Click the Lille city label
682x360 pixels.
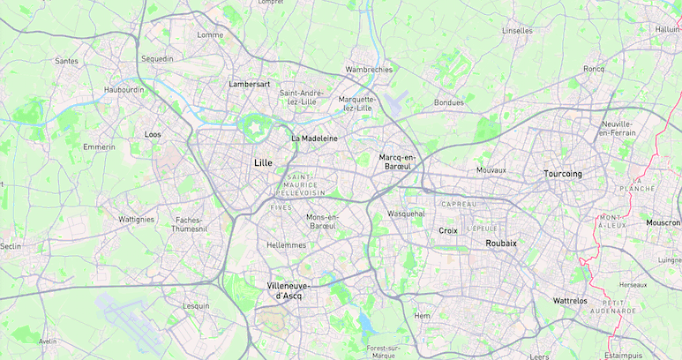pyautogui.click(x=263, y=163)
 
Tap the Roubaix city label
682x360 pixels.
pyautogui.click(x=500, y=243)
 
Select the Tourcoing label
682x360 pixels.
pyautogui.click(x=563, y=174)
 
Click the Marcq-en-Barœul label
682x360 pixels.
pyautogui.click(x=396, y=162)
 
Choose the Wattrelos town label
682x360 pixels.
pyautogui.click(x=569, y=301)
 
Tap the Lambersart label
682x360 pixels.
pyautogui.click(x=249, y=85)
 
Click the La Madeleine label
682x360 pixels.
pyautogui.click(x=314, y=139)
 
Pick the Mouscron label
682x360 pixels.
pyautogui.click(x=663, y=223)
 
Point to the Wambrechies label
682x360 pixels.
pyautogui.click(x=369, y=69)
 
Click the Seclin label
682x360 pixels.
pyautogui.click(x=11, y=246)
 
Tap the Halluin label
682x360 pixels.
pyautogui.click(x=668, y=29)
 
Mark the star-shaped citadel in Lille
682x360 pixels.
pyautogui.click(x=254, y=129)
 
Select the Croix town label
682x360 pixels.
pyautogui.click(x=448, y=230)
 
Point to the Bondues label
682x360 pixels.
pyautogui.click(x=448, y=102)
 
